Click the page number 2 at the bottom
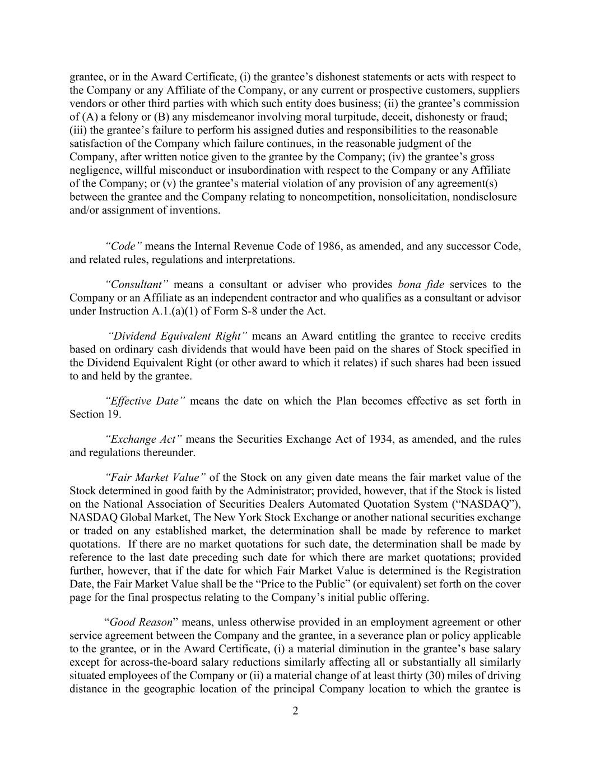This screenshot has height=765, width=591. (295, 711)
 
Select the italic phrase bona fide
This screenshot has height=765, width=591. (421, 284)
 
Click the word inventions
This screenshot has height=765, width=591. (197, 210)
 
